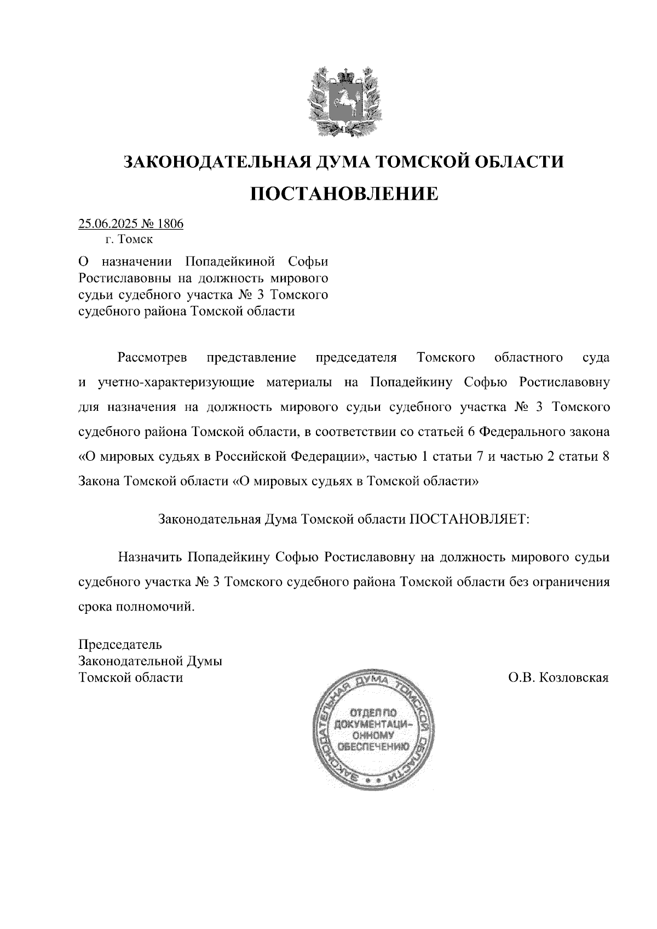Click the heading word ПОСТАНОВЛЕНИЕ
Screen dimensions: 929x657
coord(344,193)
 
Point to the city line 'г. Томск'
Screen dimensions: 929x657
coord(129,239)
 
